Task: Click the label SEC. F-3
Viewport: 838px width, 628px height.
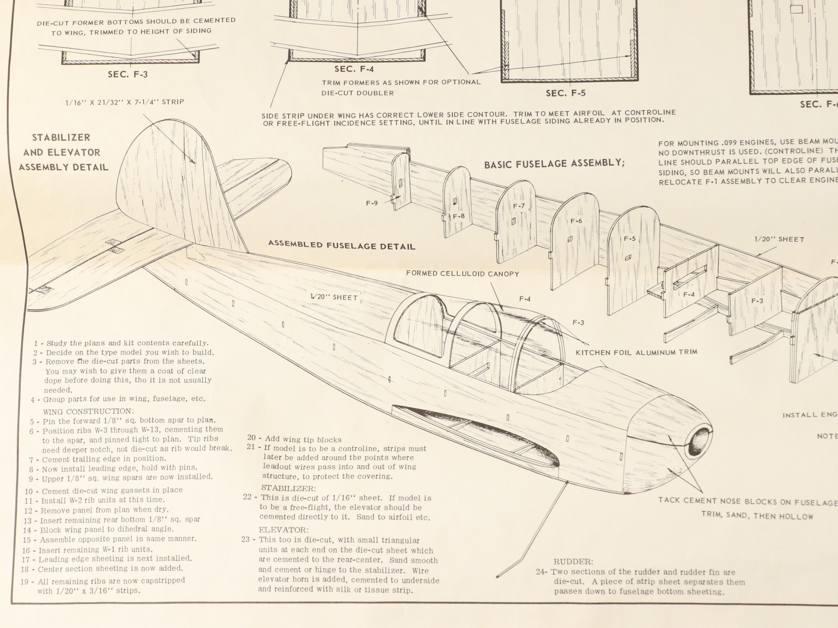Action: (128, 74)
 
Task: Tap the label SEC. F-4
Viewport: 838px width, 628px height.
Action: (354, 69)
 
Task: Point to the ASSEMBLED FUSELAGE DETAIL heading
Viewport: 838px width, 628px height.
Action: (342, 245)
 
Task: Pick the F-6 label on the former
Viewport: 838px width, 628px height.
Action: (576, 221)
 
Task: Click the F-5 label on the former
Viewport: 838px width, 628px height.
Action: (630, 239)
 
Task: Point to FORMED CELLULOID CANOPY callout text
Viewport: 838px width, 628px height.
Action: (462, 273)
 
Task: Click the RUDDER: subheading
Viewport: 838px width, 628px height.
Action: (573, 562)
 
